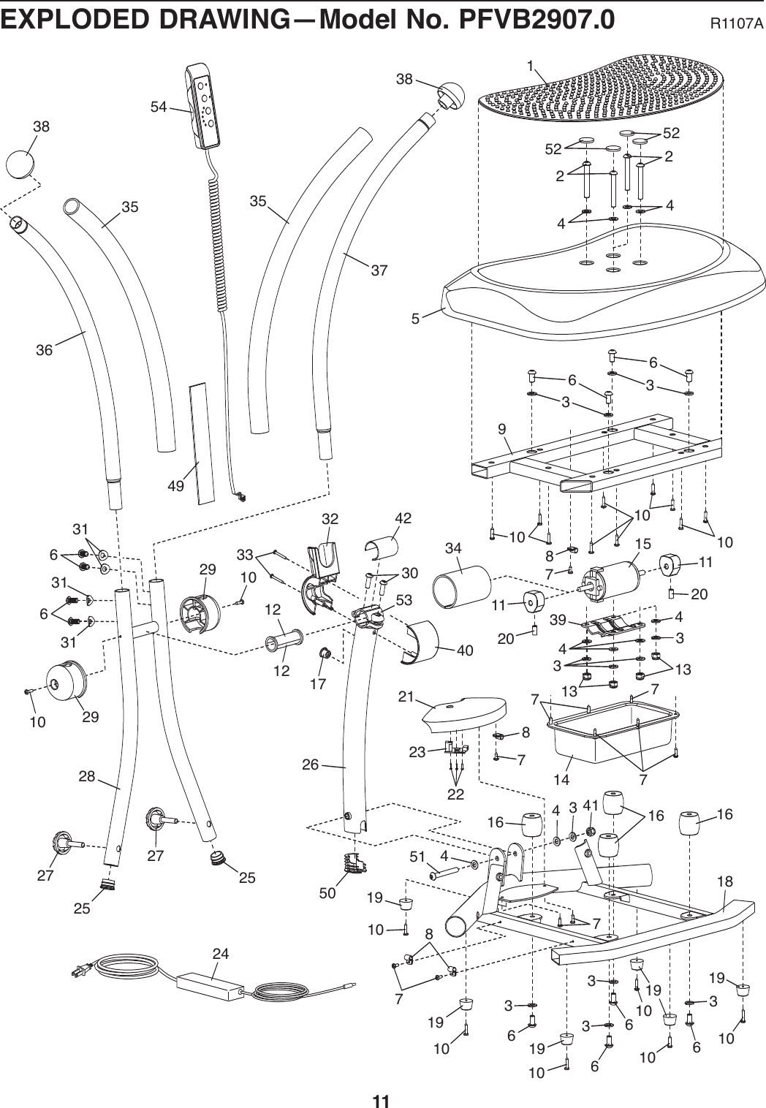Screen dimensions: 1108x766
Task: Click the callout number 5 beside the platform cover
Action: pyautogui.click(x=415, y=319)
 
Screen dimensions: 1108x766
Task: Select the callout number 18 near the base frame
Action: pyautogui.click(x=724, y=881)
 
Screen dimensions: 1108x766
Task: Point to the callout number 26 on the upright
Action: pyautogui.click(x=311, y=764)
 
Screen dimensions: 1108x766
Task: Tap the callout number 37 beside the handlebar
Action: pyautogui.click(x=379, y=270)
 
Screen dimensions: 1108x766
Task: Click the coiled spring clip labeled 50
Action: pyautogui.click(x=354, y=862)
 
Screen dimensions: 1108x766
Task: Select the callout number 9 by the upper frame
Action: pyautogui.click(x=502, y=429)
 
